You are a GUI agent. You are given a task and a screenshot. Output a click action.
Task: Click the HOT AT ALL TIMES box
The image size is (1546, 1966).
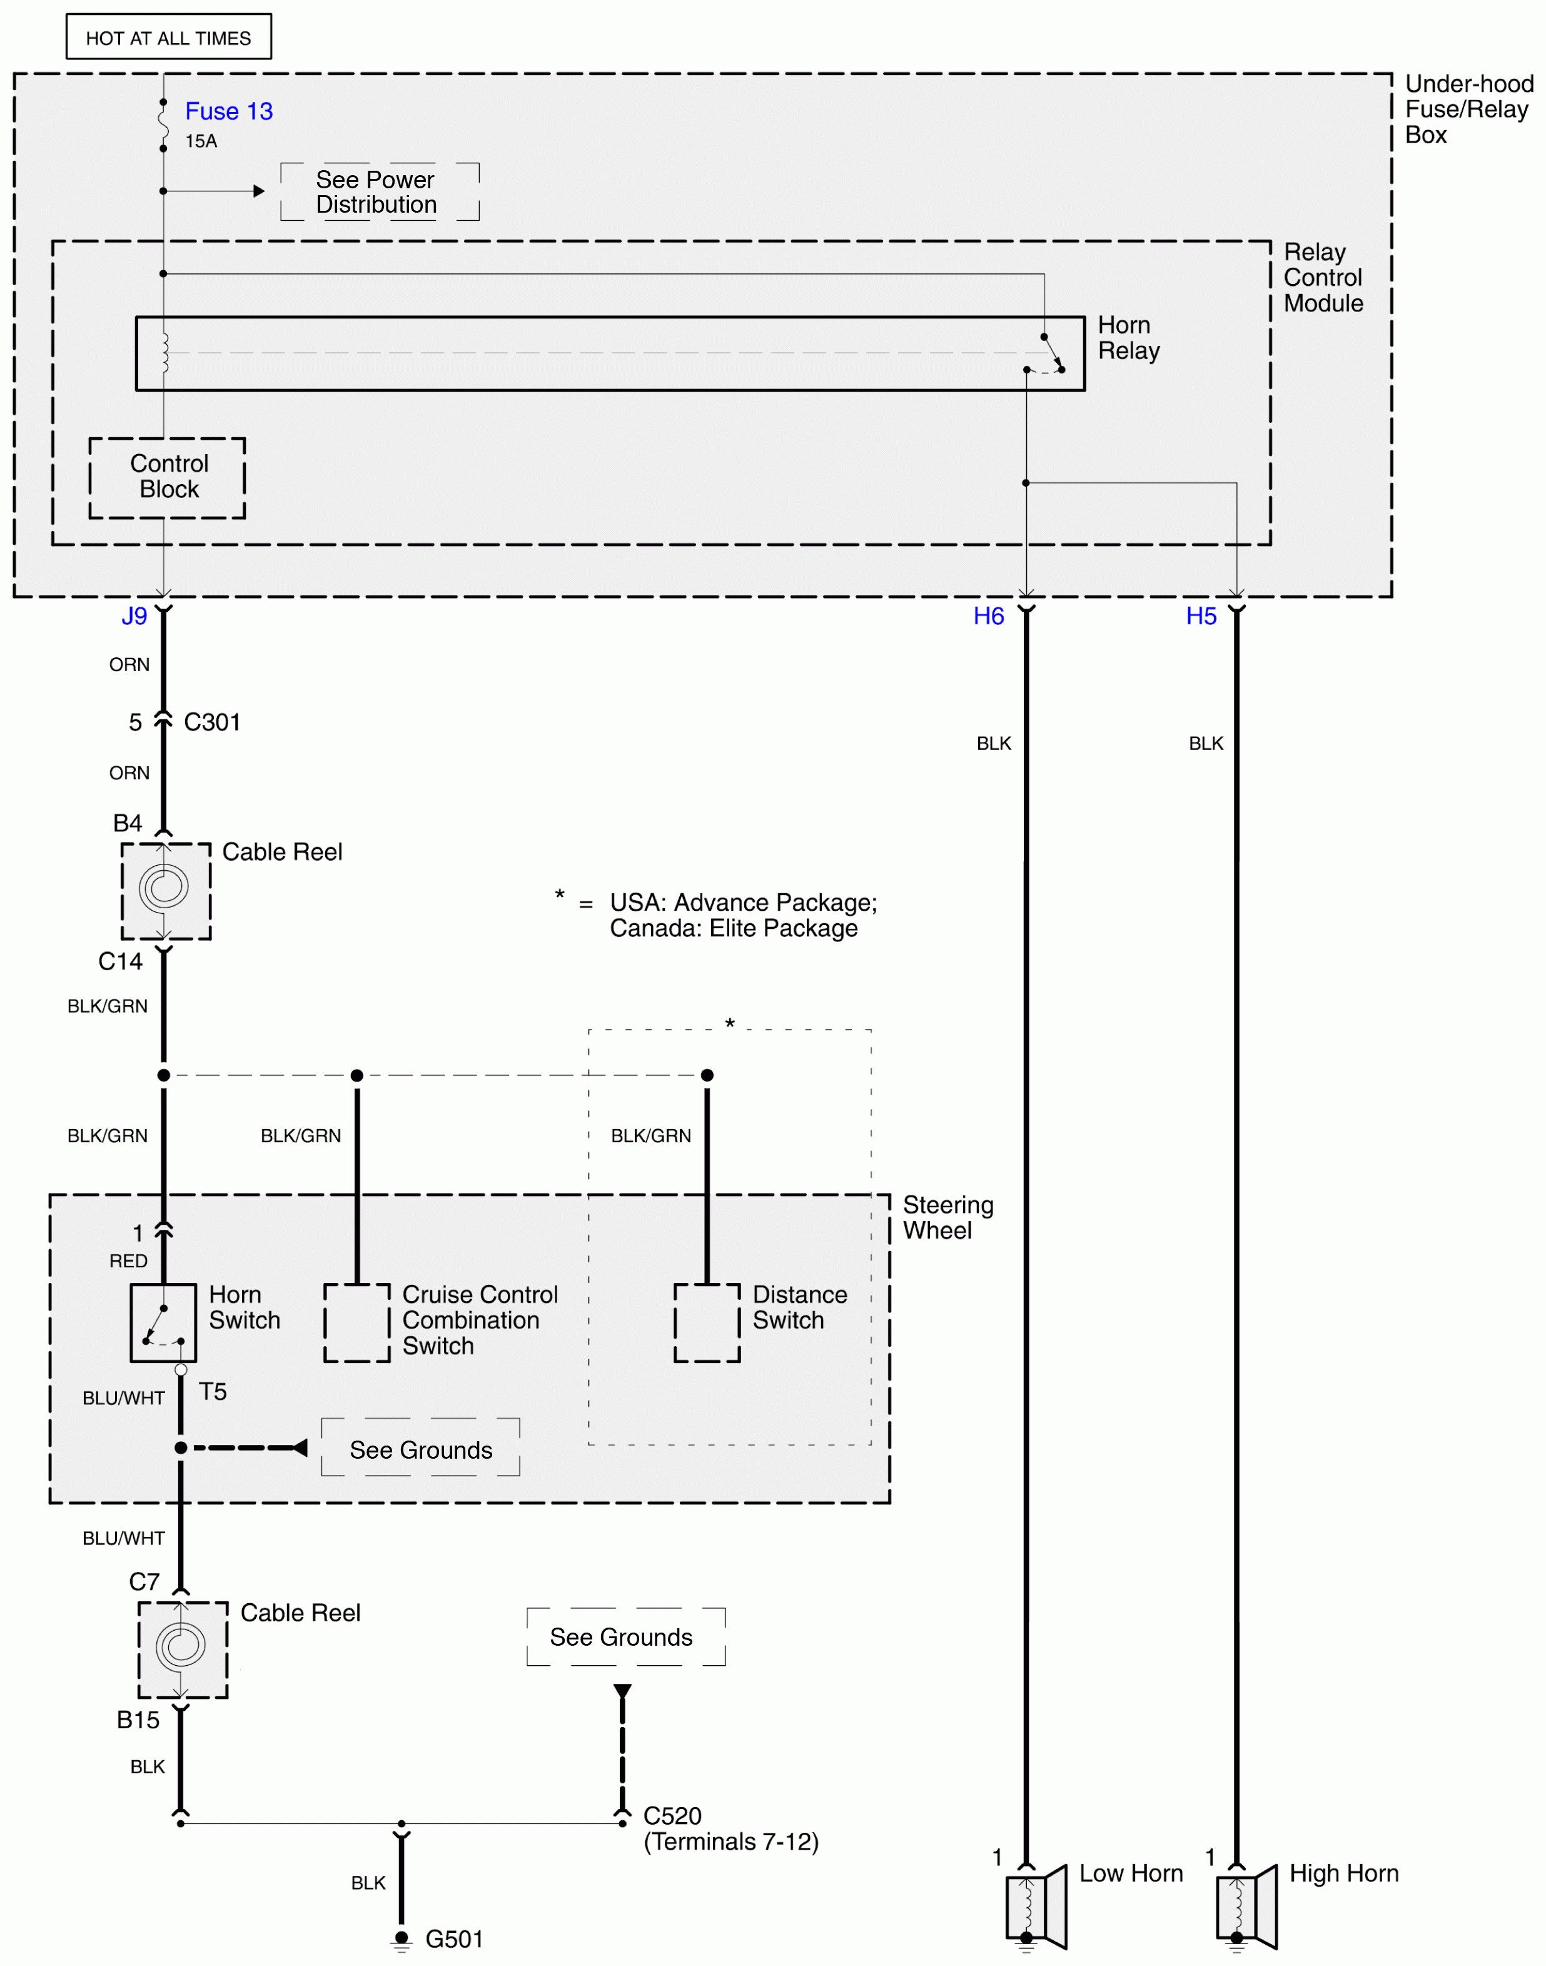click(x=168, y=37)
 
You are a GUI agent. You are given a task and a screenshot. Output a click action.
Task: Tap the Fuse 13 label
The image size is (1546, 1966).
click(x=228, y=111)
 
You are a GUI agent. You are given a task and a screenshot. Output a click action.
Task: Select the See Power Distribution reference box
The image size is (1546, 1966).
click(x=379, y=192)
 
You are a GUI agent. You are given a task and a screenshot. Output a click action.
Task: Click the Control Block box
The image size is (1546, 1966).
click(x=168, y=477)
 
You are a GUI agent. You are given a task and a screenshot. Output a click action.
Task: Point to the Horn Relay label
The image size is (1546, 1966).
click(x=1128, y=338)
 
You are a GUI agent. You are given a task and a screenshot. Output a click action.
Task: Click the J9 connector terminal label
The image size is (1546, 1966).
click(x=134, y=616)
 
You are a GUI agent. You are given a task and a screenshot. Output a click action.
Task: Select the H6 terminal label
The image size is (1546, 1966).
click(x=988, y=616)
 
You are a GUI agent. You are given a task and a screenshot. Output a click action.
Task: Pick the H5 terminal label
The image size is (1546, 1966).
click(x=1201, y=616)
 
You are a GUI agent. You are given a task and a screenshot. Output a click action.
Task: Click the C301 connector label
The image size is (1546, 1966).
click(x=212, y=722)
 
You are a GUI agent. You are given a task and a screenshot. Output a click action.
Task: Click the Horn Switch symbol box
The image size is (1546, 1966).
click(x=163, y=1322)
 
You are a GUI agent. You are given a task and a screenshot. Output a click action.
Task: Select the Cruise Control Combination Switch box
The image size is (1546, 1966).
click(x=356, y=1322)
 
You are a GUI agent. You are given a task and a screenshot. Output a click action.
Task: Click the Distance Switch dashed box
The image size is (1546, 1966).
click(x=707, y=1322)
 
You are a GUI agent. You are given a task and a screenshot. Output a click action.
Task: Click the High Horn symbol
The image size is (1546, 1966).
click(x=1246, y=1905)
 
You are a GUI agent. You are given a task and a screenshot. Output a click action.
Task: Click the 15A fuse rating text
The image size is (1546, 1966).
click(x=201, y=141)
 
